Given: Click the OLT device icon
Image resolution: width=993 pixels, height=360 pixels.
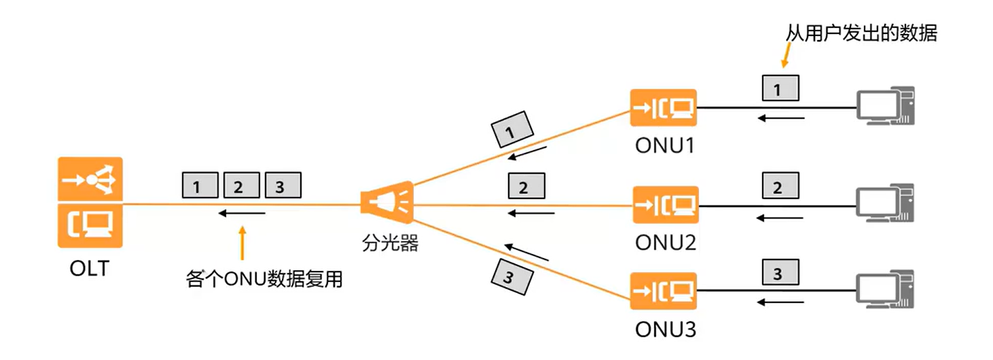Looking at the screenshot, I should click(x=90, y=202).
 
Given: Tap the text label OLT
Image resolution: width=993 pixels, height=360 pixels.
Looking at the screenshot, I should click(x=89, y=269).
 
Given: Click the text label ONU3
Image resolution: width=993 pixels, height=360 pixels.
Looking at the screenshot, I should click(x=665, y=330).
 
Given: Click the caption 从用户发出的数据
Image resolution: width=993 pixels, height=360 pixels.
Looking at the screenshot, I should click(x=861, y=33).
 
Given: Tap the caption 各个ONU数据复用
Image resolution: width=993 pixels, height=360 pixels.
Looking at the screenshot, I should click(x=264, y=279).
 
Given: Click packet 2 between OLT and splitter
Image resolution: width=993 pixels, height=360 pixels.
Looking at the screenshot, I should click(x=238, y=185).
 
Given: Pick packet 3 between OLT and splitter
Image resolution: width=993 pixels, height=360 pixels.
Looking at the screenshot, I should click(x=281, y=185).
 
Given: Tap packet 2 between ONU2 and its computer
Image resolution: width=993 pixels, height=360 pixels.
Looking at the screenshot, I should click(x=778, y=185).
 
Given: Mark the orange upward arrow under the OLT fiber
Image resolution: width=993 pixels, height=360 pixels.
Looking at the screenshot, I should click(x=242, y=242).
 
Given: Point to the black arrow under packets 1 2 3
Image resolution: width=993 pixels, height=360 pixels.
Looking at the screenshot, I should click(x=242, y=213).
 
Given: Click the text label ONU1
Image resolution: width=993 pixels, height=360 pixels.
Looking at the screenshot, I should click(x=665, y=145).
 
